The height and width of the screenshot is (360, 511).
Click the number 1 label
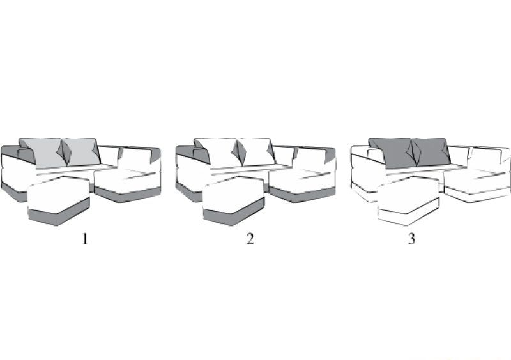pyautogui.click(x=85, y=239)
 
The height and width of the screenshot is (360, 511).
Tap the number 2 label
pyautogui.click(x=250, y=239)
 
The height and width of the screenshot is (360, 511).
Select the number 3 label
pyautogui.click(x=411, y=239)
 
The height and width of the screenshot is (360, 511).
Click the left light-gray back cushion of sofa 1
pyautogui.click(x=42, y=153)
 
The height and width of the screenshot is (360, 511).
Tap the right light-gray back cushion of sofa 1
pyautogui.click(x=82, y=152)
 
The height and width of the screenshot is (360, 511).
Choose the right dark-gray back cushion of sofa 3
pyautogui.click(x=431, y=152)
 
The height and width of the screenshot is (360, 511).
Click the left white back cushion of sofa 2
pyautogui.click(x=217, y=153)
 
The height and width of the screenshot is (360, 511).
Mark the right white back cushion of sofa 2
pyautogui.click(x=256, y=152)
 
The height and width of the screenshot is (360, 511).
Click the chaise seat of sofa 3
pyautogui.click(x=476, y=177)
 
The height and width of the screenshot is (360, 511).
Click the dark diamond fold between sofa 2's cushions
pyautogui.click(x=239, y=153)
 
